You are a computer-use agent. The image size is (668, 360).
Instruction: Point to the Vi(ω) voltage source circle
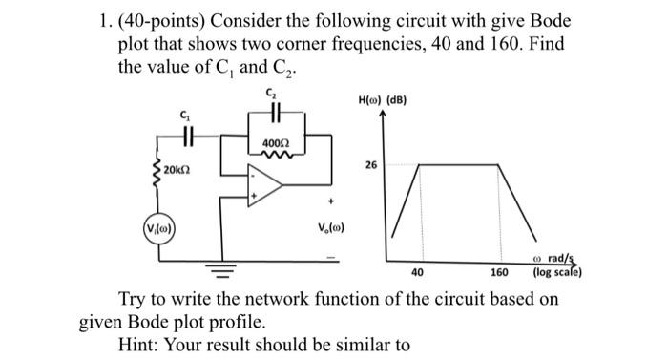(x=159, y=229)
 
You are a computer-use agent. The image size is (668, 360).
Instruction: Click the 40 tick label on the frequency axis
(x=417, y=272)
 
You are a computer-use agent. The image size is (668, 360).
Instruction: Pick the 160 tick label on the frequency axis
(x=499, y=272)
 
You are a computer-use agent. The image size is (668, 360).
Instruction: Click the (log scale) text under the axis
(x=557, y=272)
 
